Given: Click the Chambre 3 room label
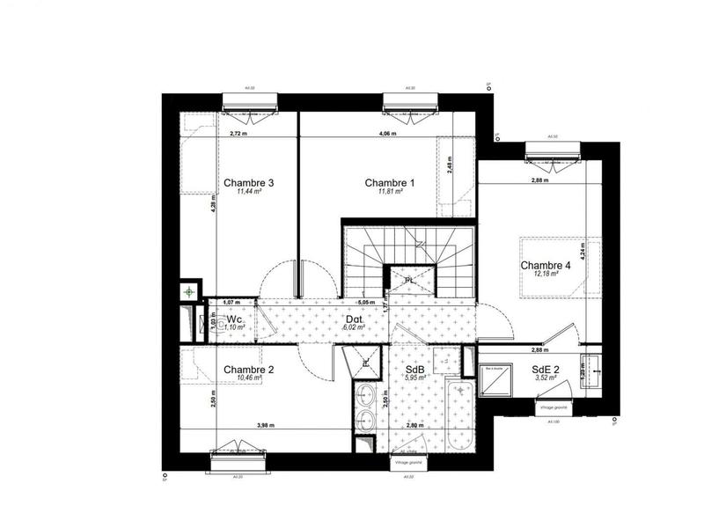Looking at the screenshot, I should [x=248, y=183].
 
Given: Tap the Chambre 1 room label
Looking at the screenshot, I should [x=390, y=183].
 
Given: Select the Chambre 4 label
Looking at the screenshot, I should [x=546, y=266].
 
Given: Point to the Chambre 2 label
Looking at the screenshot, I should [x=249, y=370].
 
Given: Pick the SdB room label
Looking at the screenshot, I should [x=414, y=370].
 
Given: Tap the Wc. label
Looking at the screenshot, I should [x=235, y=319].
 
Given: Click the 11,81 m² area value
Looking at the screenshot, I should [x=390, y=192].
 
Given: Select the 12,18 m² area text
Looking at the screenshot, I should [x=546, y=275].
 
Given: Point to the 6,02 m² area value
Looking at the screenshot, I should [x=353, y=327].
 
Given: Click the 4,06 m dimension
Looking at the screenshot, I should [x=388, y=134].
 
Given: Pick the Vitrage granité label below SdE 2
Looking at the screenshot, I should [x=554, y=408].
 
